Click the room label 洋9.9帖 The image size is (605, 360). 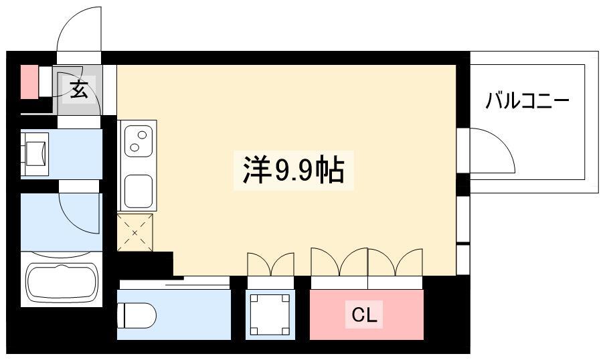[x=294, y=171]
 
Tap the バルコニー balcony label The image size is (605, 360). [x=527, y=101]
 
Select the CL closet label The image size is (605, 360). [x=364, y=315]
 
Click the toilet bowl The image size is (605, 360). [x=137, y=315]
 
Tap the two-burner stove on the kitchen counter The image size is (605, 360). [x=138, y=141]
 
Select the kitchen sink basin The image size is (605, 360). [x=138, y=191]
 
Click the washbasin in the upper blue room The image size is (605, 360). [x=35, y=154]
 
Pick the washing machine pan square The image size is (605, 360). [x=270, y=315]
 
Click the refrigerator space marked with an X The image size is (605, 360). [x=135, y=232]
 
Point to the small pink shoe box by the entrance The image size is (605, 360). [x=29, y=82]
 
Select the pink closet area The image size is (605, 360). [x=367, y=315]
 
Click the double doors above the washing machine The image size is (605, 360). [x=270, y=265]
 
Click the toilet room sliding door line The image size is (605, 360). [x=197, y=285]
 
